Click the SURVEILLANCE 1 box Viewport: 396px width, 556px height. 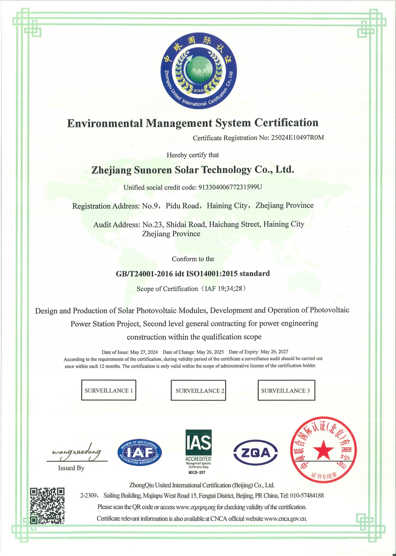coord(109,390)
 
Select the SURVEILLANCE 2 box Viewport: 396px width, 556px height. coord(198,390)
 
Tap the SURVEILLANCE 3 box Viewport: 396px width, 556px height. coord(286,390)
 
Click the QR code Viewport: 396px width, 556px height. coord(47,506)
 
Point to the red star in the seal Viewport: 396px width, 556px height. coord(324,450)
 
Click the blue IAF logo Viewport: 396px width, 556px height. coord(139,453)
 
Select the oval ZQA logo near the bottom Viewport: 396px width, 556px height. coord(256,453)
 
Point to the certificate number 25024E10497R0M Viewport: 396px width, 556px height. coord(297,138)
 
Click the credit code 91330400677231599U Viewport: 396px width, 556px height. coord(230,187)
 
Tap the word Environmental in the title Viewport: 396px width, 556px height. coord(105,123)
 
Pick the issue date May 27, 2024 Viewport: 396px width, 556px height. coord(144,352)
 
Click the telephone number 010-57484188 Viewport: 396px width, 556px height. coord(307,496)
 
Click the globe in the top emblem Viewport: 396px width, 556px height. coord(199,70)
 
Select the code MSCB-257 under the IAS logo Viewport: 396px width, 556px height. coord(198,472)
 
